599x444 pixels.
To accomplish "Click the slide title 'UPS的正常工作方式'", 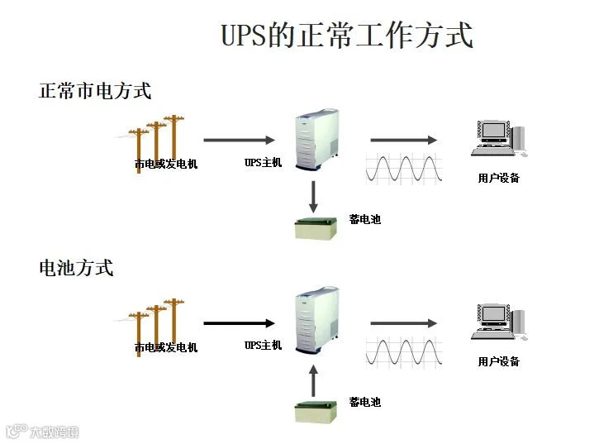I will point(347,36).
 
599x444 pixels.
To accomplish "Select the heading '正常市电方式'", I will point(95,91).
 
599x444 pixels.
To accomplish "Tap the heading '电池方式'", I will point(76,268).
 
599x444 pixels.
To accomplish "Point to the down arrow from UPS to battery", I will point(314,196).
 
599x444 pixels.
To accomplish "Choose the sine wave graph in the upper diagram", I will point(404,167).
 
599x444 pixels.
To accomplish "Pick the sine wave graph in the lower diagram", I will point(404,350).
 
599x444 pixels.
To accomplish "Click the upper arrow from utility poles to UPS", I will point(240,141).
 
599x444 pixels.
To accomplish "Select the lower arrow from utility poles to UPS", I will point(240,323).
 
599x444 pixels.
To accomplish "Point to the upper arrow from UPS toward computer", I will point(403,141).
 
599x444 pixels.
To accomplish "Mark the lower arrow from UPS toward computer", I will point(403,323).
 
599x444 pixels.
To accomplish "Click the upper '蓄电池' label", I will point(365,219).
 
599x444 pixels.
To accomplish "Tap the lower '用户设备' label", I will point(499,361).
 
